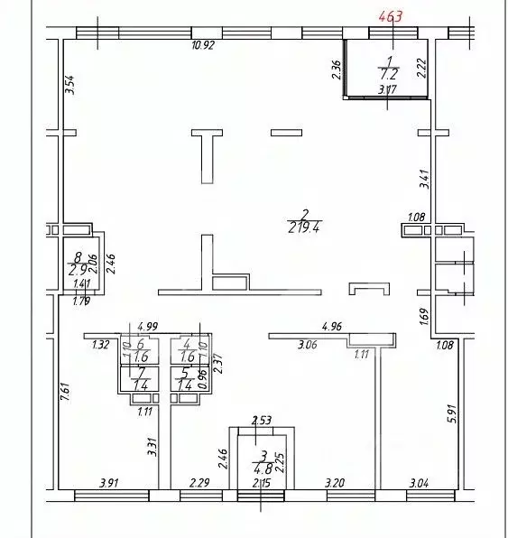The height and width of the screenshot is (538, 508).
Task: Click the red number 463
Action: coord(391,14)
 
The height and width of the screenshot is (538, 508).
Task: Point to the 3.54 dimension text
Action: coord(69,86)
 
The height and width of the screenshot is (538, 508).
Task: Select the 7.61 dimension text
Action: coord(66,394)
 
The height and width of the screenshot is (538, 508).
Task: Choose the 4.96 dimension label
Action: coord(332,326)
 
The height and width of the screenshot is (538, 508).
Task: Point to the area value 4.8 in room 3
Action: coord(260,468)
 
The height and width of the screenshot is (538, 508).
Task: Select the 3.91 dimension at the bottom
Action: coord(108,483)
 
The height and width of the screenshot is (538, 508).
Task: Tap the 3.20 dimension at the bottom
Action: coord(336,483)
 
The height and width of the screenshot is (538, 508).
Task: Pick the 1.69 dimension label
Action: coord(423,318)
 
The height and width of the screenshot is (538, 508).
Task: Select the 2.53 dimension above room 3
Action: coord(261,420)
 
